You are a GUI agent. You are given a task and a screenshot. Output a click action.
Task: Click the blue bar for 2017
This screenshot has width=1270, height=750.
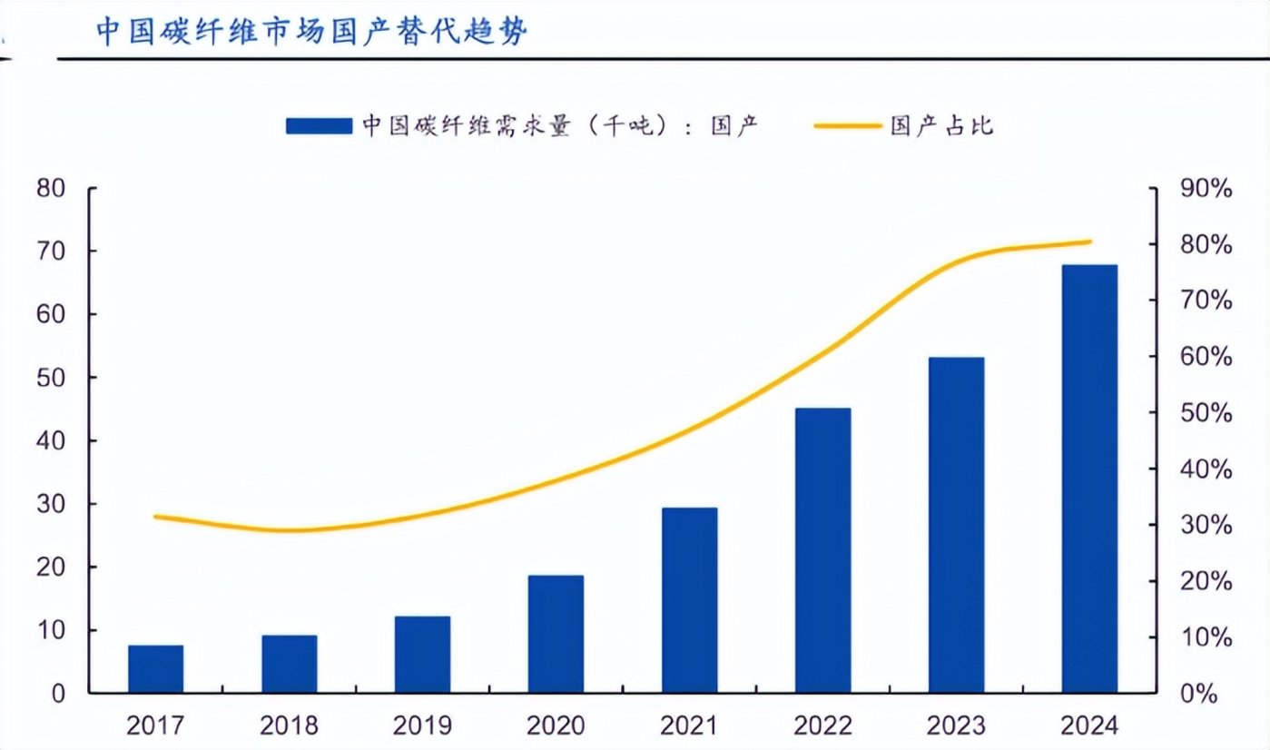[x=155, y=669]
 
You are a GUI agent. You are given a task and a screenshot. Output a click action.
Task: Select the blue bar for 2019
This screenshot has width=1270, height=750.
[x=422, y=655]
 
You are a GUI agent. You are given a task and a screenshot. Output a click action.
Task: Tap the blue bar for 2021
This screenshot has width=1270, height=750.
[x=689, y=600]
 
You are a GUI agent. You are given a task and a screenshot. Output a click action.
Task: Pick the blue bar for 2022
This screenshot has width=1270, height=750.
[x=822, y=550]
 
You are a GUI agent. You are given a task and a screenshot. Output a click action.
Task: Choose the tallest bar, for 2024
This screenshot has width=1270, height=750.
[x=1089, y=479]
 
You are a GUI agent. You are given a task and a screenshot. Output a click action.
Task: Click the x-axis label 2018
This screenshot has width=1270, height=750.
[x=289, y=726]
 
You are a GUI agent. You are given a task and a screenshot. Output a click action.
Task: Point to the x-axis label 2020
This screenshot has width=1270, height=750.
[x=556, y=726]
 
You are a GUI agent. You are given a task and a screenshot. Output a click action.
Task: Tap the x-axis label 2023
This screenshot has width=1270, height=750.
[x=956, y=726]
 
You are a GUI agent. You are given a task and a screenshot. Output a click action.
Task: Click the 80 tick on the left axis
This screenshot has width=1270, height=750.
[x=51, y=189]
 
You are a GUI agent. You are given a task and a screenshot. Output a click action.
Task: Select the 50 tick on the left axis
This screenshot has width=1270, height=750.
[x=51, y=378]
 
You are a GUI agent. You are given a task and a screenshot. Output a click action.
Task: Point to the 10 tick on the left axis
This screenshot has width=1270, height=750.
[x=51, y=630]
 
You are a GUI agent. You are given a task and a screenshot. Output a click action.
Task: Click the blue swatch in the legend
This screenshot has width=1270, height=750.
[x=319, y=125]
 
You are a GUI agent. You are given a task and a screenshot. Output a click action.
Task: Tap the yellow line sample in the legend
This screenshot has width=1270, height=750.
[x=848, y=125]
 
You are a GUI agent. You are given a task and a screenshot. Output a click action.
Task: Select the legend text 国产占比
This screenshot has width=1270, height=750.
[x=941, y=125]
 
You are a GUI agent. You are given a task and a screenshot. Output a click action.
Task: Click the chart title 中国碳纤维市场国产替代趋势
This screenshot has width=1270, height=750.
[x=312, y=32]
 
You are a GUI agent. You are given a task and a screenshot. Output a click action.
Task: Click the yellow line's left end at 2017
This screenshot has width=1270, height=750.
[x=156, y=517]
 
